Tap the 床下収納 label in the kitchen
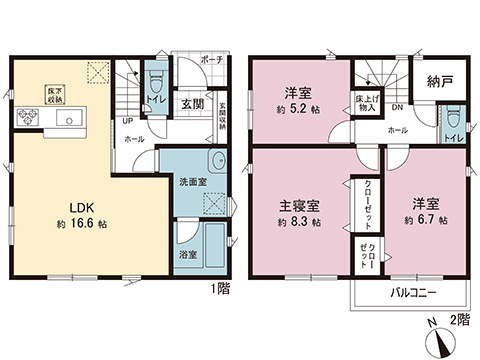click(x=53, y=92)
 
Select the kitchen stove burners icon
click(x=27, y=119)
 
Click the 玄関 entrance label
click(x=193, y=102)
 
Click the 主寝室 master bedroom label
click(x=299, y=205)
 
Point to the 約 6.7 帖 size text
click(x=427, y=219)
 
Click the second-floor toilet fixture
click(x=454, y=115)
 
